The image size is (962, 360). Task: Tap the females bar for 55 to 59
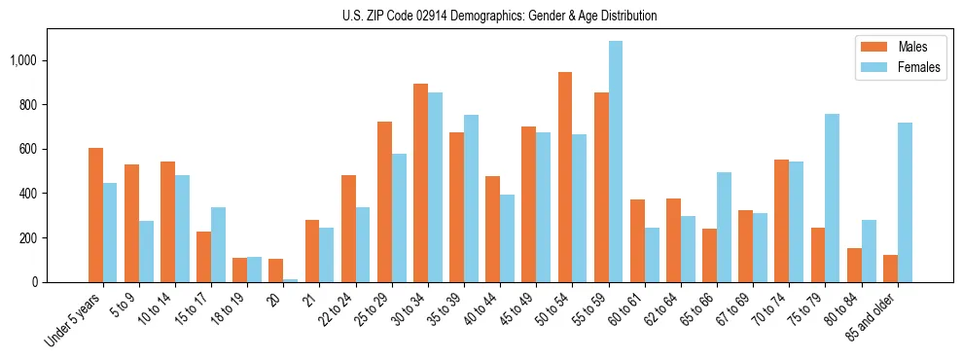point(616,162)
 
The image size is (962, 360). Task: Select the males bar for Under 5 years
point(95,215)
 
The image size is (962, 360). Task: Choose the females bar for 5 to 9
point(146,251)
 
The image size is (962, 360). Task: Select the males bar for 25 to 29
point(384,201)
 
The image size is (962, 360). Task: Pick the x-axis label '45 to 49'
point(517,310)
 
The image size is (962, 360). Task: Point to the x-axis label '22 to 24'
point(337,310)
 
